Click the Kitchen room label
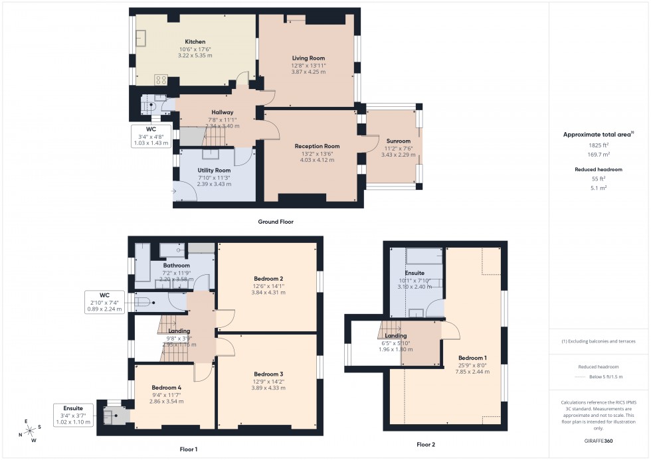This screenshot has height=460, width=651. (195, 41)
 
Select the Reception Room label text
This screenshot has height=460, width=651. (318, 146)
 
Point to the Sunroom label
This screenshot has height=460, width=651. (399, 141)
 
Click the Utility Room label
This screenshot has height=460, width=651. (214, 171)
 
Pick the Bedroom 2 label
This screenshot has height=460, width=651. (269, 278)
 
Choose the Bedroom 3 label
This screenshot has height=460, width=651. (269, 374)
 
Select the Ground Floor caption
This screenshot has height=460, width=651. (276, 222)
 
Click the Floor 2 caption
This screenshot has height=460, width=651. (425, 444)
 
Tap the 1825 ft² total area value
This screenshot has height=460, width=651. (599, 144)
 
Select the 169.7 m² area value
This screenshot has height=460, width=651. (599, 153)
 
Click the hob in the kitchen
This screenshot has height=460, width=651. (161, 80)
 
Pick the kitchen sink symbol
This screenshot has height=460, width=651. (141, 38)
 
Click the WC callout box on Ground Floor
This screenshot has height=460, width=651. (152, 135)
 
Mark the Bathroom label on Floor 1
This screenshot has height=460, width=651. (176, 266)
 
